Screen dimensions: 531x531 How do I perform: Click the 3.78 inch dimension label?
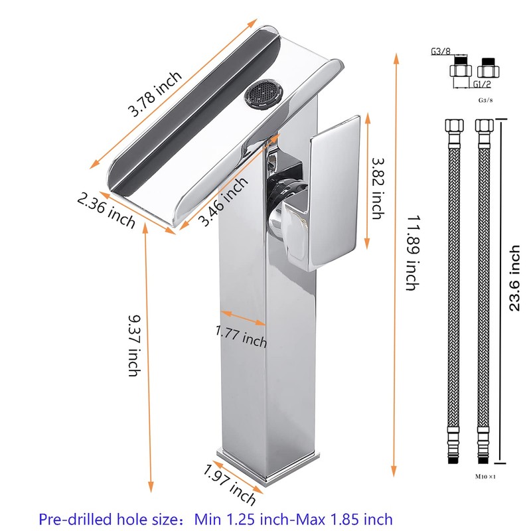(x=155, y=94)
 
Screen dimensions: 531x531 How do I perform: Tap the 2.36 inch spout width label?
(x=106, y=210)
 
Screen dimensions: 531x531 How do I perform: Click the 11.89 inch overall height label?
(x=413, y=253)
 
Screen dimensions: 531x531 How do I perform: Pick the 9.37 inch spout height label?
(x=135, y=346)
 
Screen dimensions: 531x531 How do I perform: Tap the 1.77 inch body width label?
(x=241, y=337)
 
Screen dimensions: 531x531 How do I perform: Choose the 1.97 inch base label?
(x=230, y=485)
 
